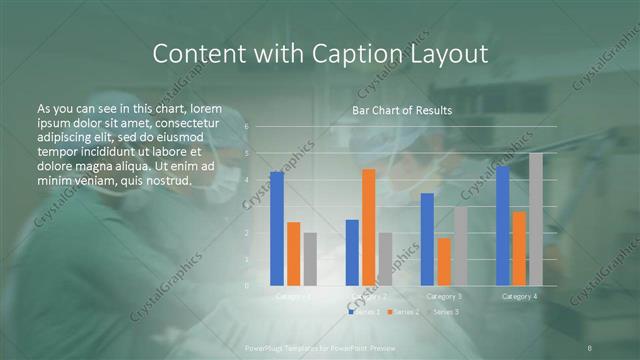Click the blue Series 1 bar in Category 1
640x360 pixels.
277,229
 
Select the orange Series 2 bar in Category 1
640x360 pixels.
293,254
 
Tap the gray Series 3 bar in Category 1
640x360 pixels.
310,259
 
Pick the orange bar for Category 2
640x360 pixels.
369,227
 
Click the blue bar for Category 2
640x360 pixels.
352,252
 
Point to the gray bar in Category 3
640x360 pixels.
460,246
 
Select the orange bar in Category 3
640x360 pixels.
444,261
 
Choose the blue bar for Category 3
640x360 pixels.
427,239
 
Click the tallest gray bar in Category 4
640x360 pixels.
536,219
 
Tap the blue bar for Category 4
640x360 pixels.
502,226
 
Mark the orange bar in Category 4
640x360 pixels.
519,248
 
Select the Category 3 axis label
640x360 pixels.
444,296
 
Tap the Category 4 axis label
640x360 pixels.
519,296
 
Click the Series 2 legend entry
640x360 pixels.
403,312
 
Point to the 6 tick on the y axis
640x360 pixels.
246,127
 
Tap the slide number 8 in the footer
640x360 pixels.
591,347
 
